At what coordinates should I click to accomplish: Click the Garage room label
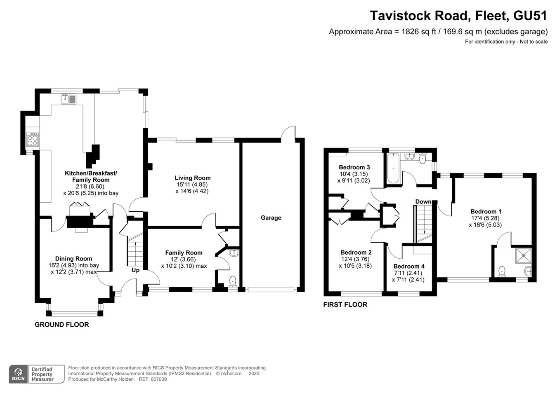[x=271, y=218]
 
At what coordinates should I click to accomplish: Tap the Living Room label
[x=192, y=178]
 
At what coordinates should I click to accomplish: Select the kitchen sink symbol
[x=68, y=99]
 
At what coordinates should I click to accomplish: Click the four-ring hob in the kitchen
[x=32, y=140]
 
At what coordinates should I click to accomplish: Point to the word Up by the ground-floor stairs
[x=135, y=270]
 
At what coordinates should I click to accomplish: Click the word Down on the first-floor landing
[x=423, y=201]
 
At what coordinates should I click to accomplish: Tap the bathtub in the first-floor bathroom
[x=393, y=168]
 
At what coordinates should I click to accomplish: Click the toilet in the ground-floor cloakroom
[x=233, y=281]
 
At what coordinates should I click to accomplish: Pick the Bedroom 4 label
[x=408, y=266]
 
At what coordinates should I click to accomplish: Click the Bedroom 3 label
[x=354, y=167]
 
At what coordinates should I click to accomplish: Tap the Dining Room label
[x=73, y=259]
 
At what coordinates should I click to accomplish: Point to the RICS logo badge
[x=18, y=374]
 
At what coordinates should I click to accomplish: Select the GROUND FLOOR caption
[x=61, y=324]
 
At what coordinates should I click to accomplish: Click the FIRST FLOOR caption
[x=345, y=304]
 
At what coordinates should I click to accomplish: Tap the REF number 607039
[x=158, y=379]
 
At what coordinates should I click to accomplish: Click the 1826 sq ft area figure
[x=419, y=32]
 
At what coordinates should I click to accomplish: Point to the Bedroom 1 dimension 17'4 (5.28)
[x=486, y=218]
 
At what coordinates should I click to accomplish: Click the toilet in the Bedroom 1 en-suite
[x=502, y=271]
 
